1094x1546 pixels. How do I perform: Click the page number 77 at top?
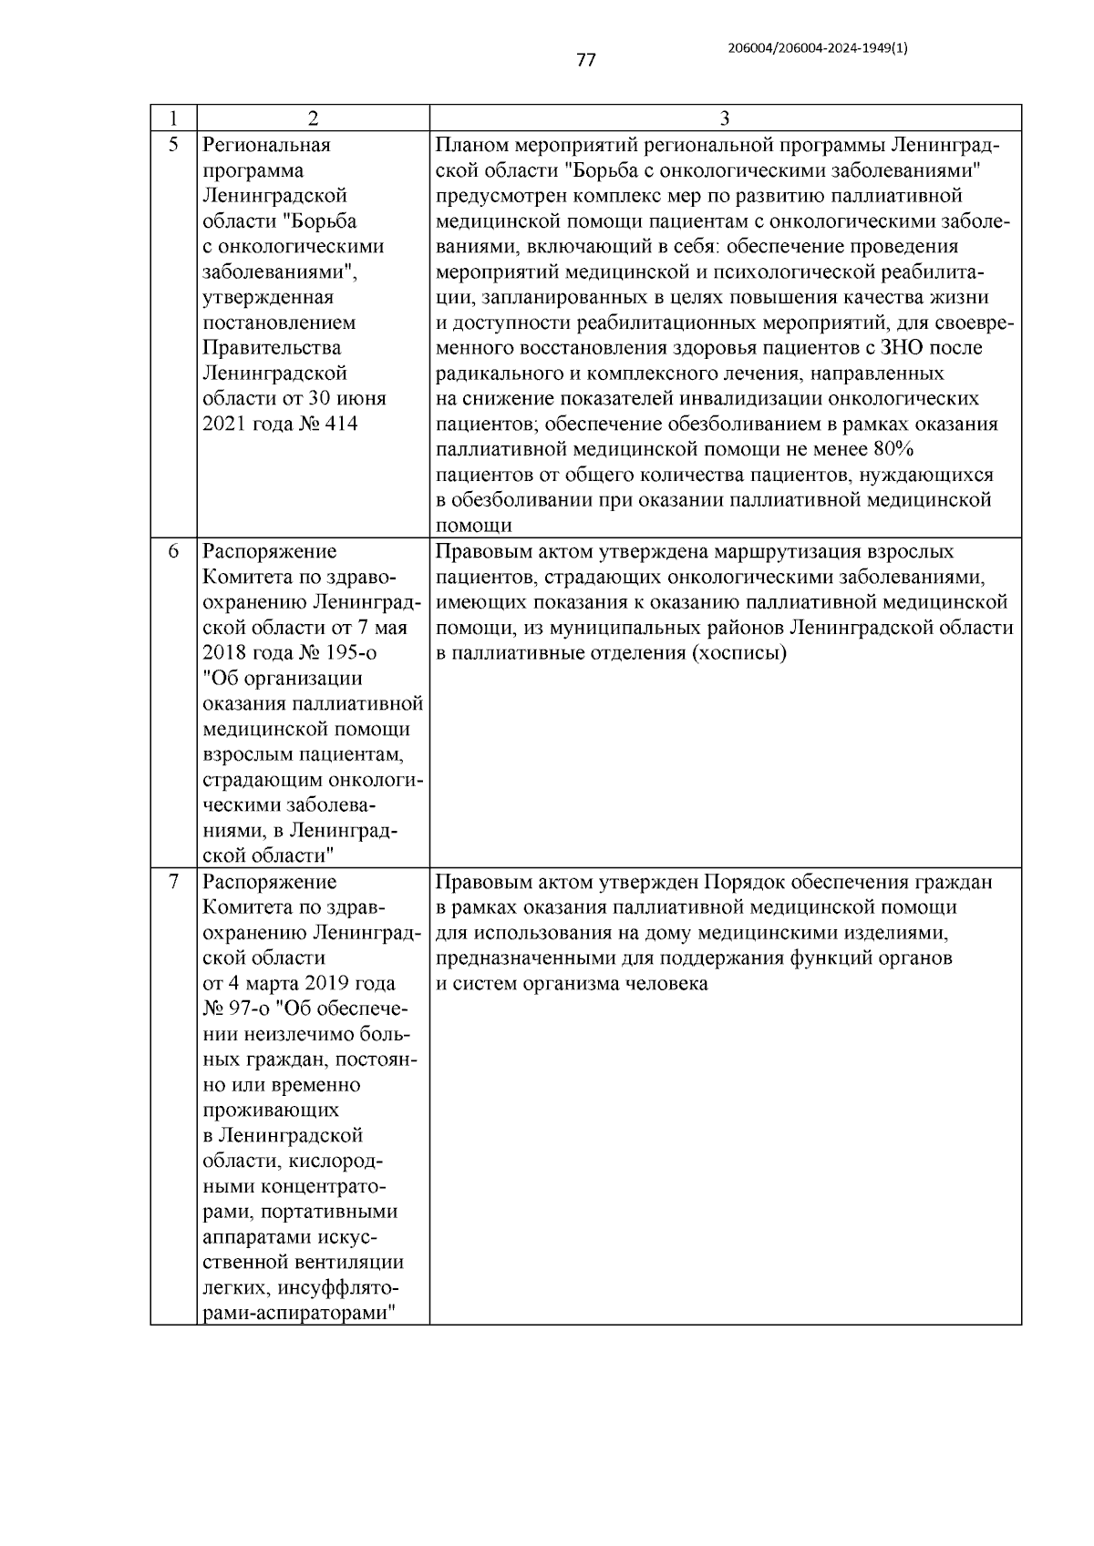coord(585,60)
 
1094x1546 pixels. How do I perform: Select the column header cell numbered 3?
coord(724,118)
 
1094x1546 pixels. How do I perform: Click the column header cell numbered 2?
coord(313,118)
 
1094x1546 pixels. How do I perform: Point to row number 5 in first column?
coord(173,144)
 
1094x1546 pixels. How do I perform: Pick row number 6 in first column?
coord(173,551)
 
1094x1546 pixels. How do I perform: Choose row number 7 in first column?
coord(173,882)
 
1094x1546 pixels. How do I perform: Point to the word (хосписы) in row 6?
coord(738,653)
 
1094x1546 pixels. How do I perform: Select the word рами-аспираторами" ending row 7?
coord(301,1315)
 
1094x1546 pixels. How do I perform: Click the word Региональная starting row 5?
coord(266,144)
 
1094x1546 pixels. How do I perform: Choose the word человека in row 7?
coord(666,984)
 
